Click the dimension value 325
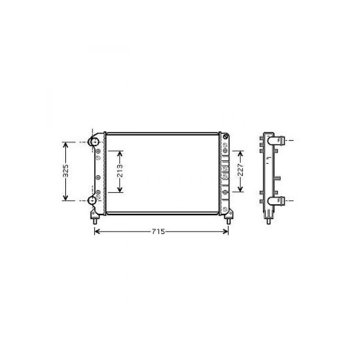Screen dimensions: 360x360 66,171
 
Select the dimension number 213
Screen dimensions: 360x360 120,171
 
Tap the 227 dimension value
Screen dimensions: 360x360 240,170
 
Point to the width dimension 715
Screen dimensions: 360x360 158,231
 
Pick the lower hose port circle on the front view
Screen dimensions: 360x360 92,201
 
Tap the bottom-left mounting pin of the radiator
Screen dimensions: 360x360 94,221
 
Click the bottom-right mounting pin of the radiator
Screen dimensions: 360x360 229,221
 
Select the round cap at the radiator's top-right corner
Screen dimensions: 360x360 226,137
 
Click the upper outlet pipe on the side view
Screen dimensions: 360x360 276,140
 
